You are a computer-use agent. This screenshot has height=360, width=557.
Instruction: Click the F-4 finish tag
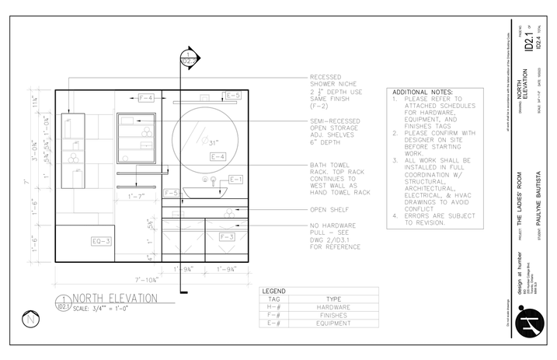coord(145,98)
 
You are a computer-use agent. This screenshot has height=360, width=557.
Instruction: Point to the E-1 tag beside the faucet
coord(236,180)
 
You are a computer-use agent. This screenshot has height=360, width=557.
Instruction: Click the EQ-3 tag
coord(102,241)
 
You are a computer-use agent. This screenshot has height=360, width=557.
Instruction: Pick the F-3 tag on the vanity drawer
coord(227,236)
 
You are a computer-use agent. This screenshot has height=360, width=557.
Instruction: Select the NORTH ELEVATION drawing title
coord(115,298)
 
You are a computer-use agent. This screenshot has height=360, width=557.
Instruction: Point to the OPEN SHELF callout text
coord(327,210)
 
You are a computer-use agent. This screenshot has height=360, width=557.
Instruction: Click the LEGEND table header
coord(275,290)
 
